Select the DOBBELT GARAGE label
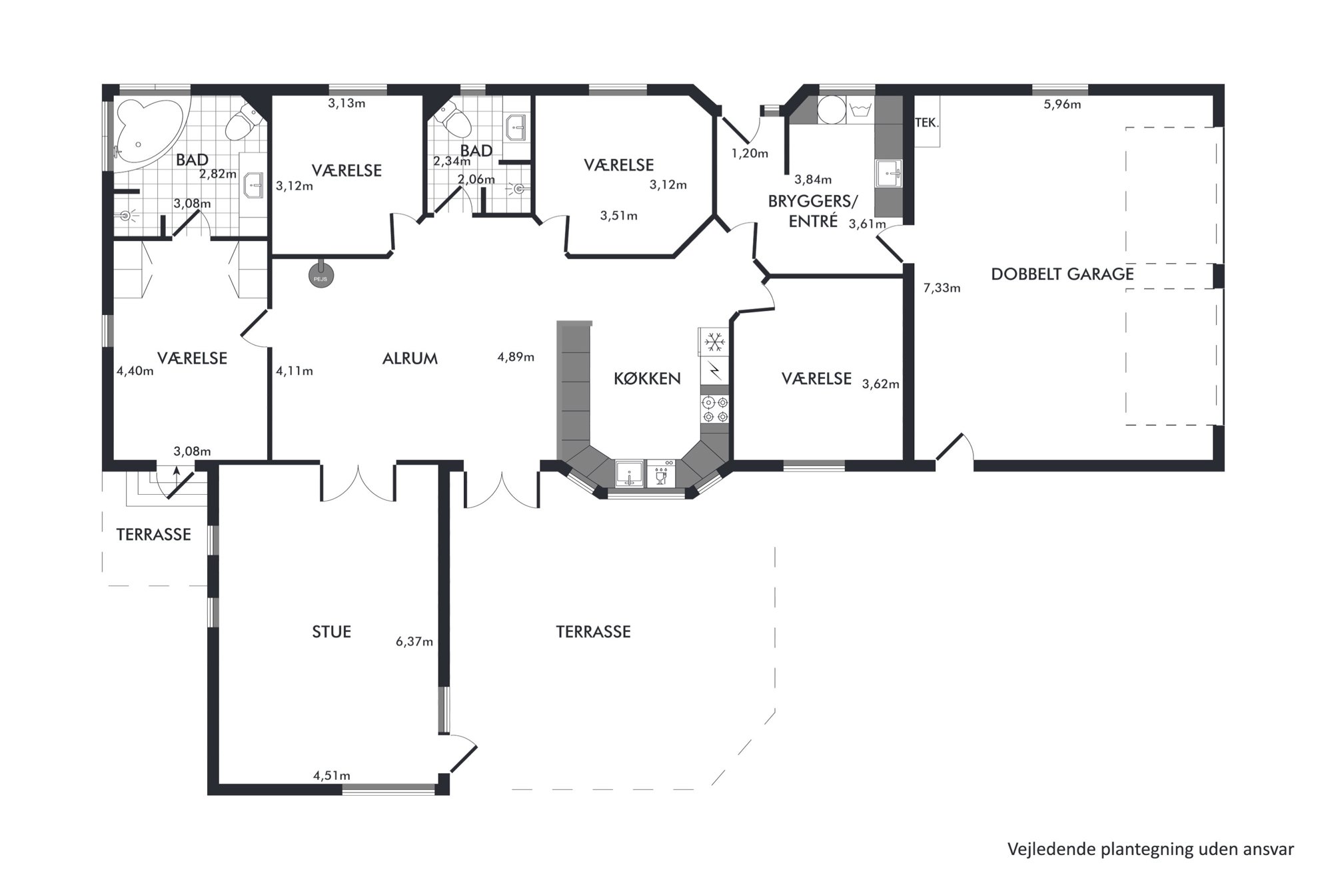pyautogui.click(x=1062, y=274)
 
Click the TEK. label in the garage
pyautogui.click(x=926, y=123)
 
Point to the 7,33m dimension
pyautogui.click(x=942, y=288)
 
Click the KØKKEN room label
pyautogui.click(x=647, y=379)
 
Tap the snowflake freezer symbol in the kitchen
pyautogui.click(x=715, y=342)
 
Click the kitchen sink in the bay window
pyautogui.click(x=630, y=473)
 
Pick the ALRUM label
pyautogui.click(x=410, y=359)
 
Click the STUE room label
pyautogui.click(x=331, y=632)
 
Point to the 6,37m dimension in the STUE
pyautogui.click(x=414, y=642)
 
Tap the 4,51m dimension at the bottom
pyautogui.click(x=332, y=776)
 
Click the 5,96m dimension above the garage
pyautogui.click(x=1062, y=105)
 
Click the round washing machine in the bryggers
pyautogui.click(x=831, y=111)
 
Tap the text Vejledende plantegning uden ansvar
pyautogui.click(x=1151, y=850)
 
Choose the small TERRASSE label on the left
pyautogui.click(x=153, y=535)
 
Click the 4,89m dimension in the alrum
pyautogui.click(x=516, y=357)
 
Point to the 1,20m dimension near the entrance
pyautogui.click(x=750, y=154)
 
